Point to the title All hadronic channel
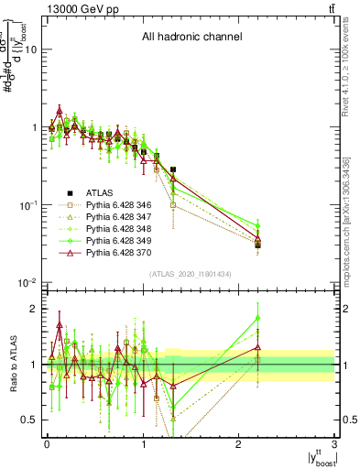point(191,38)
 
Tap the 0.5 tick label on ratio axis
point(28,420)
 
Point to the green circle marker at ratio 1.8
point(258,318)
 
